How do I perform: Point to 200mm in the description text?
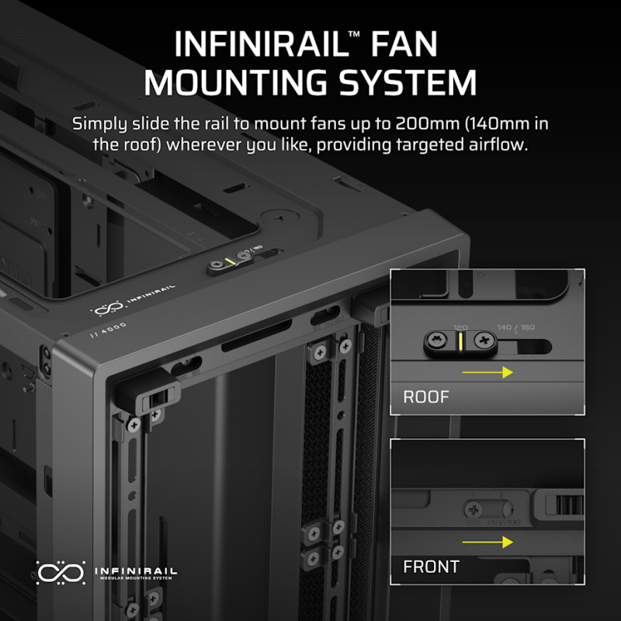click(421, 123)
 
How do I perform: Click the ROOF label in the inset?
click(425, 397)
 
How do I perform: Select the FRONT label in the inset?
click(430, 567)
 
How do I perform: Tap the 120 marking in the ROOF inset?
click(462, 328)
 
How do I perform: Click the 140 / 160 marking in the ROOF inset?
click(515, 328)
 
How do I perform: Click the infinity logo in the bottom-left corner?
click(61, 572)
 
